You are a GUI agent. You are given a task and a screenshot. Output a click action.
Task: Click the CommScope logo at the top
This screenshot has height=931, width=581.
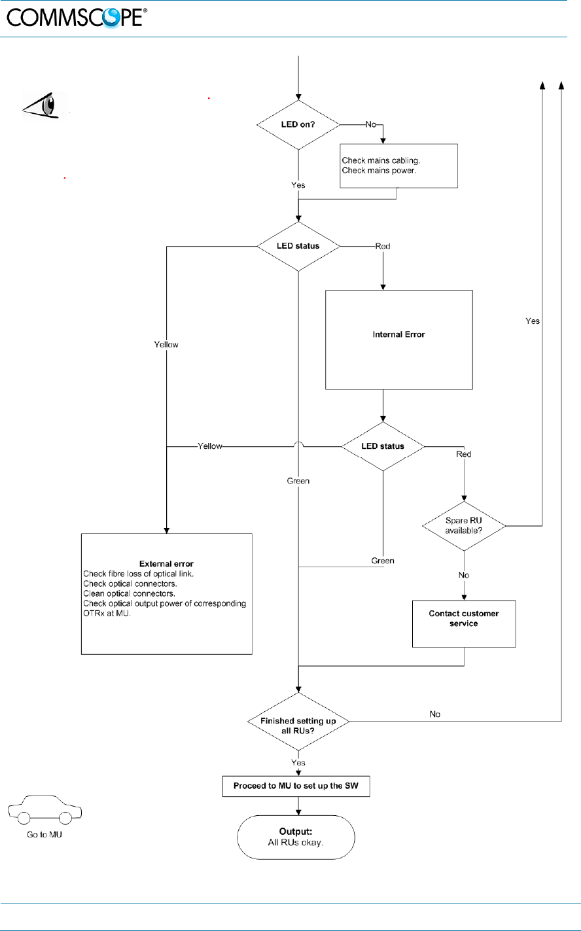click(x=77, y=18)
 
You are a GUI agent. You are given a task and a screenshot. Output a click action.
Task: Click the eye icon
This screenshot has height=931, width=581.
click(x=43, y=104)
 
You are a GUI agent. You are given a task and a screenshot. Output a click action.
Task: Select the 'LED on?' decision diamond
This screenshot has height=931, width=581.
click(x=298, y=124)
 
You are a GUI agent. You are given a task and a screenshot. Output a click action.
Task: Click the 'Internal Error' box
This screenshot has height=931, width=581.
click(x=399, y=334)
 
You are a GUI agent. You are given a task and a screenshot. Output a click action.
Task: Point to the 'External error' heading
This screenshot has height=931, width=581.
click(x=166, y=564)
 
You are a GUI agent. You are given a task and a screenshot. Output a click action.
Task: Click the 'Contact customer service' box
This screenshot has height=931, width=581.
click(x=464, y=619)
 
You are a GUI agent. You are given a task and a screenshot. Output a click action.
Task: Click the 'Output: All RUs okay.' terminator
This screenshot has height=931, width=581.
click(x=296, y=837)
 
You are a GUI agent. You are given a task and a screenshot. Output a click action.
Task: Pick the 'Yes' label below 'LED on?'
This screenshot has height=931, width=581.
click(x=298, y=185)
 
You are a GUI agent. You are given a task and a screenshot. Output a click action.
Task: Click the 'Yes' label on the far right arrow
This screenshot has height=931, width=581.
click(x=533, y=321)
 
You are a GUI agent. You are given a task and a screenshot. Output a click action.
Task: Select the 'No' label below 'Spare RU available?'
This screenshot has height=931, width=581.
click(x=464, y=574)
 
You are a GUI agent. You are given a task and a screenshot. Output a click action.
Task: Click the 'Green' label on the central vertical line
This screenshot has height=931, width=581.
click(x=298, y=481)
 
